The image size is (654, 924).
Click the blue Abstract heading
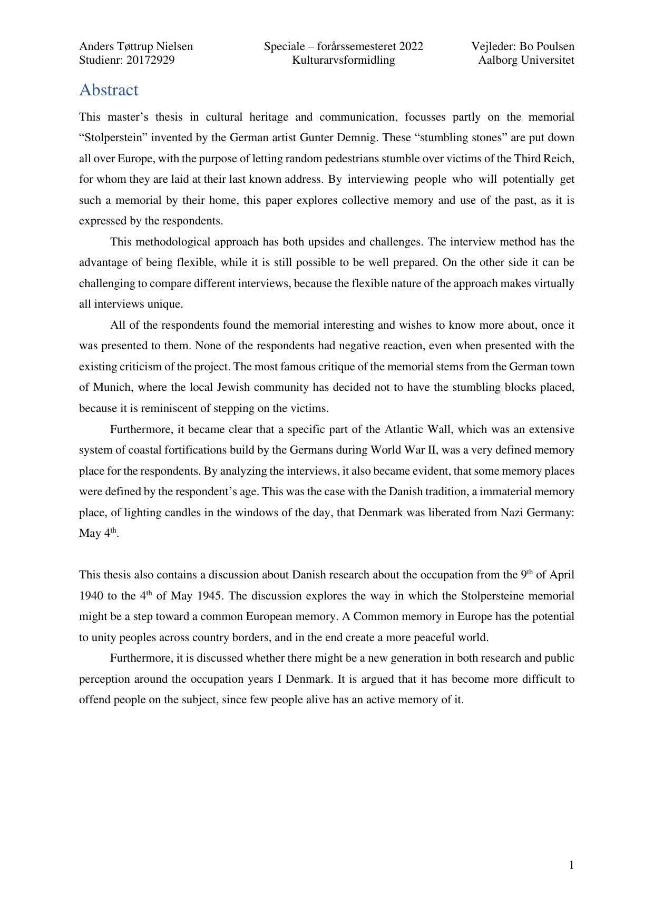pos(109,90)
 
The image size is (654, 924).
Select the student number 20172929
pos(150,60)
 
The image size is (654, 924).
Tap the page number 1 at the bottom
pos(572,865)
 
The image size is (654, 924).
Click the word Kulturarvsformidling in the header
pos(344,60)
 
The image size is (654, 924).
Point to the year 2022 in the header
pos(411,46)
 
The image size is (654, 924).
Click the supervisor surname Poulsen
pos(554,46)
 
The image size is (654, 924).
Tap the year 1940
pos(92,596)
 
